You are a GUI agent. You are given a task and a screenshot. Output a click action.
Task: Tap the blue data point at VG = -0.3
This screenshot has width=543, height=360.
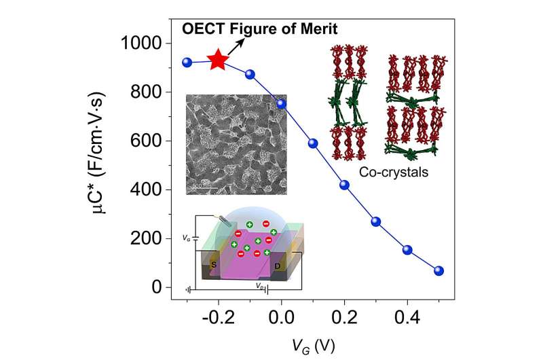pyautogui.click(x=187, y=62)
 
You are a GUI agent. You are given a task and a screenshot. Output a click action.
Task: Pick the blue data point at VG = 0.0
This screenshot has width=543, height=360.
pyautogui.click(x=282, y=104)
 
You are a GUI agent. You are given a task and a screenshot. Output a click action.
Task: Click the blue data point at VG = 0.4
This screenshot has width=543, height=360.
pyautogui.click(x=407, y=250)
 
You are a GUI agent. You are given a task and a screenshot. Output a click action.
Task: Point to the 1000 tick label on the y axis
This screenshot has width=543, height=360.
pyautogui.click(x=144, y=43)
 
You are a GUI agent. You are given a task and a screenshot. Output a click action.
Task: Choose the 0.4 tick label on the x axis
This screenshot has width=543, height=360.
pyautogui.click(x=407, y=315)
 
